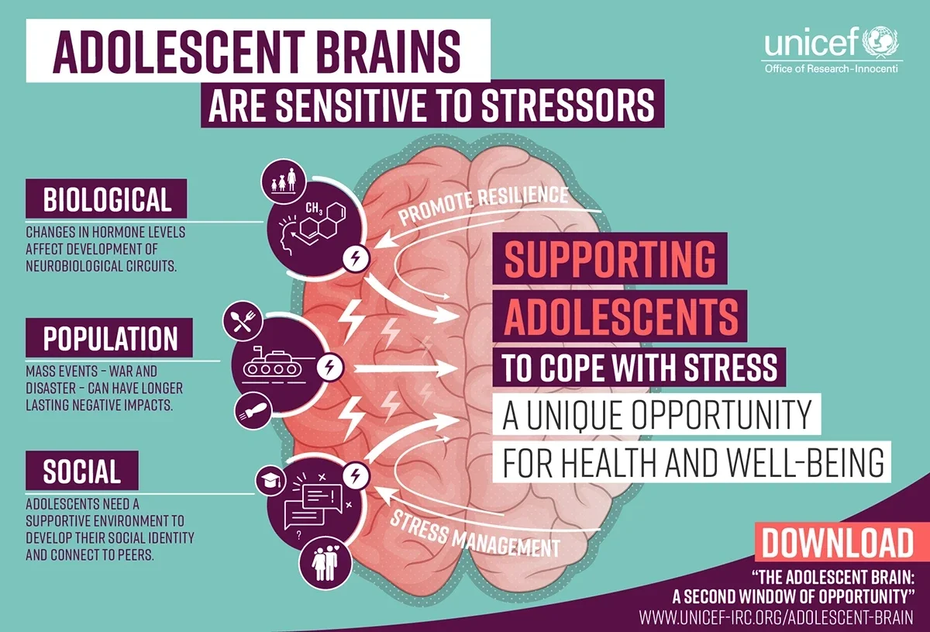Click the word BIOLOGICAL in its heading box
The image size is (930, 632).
[x=107, y=199]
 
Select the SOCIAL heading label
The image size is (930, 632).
[x=82, y=471]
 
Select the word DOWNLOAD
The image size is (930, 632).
[x=838, y=543]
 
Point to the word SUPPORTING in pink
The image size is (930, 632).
[x=610, y=259]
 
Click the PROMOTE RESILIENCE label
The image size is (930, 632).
[x=484, y=204]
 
